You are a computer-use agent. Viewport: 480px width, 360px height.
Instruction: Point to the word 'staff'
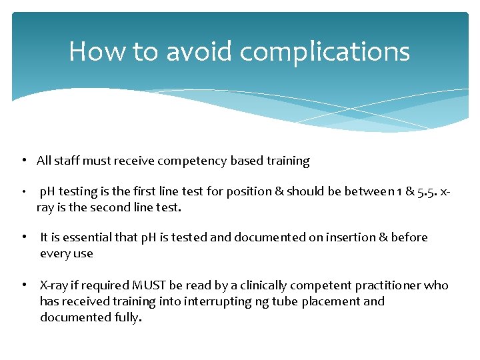[x=67, y=161]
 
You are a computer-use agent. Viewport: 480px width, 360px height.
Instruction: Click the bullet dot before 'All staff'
[x=23, y=161]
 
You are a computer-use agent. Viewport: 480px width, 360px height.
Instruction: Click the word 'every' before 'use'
[x=55, y=253]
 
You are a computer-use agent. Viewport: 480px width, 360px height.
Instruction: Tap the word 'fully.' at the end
[x=127, y=317]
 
